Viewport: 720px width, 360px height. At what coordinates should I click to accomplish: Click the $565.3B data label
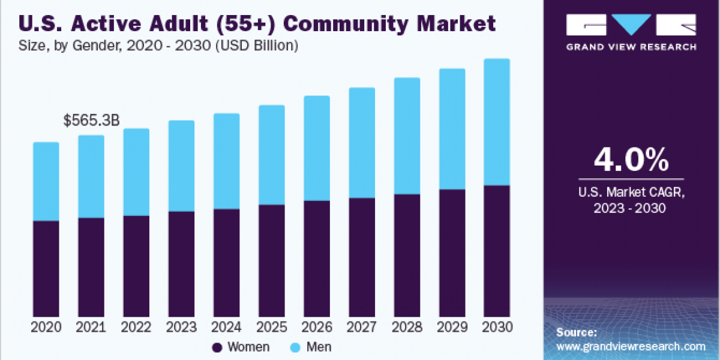pyautogui.click(x=91, y=121)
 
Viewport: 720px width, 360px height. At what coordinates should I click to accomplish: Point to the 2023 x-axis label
pyautogui.click(x=181, y=327)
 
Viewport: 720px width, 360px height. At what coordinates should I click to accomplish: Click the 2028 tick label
pyautogui.click(x=407, y=327)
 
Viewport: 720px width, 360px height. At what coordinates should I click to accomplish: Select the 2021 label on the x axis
pyautogui.click(x=91, y=327)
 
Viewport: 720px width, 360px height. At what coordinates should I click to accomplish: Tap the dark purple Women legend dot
pyautogui.click(x=218, y=347)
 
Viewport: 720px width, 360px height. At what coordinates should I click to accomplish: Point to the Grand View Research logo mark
pyautogui.click(x=631, y=25)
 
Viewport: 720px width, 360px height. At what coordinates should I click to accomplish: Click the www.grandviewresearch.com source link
pyautogui.click(x=631, y=346)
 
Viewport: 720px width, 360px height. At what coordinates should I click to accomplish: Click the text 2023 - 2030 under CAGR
pyautogui.click(x=631, y=208)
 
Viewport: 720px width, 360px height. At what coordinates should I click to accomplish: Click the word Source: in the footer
pyautogui.click(x=577, y=332)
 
